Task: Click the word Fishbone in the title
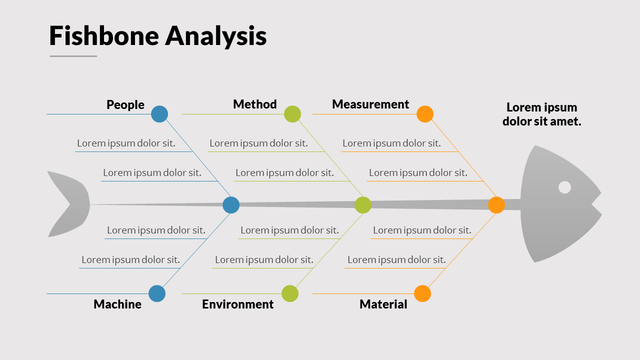click(103, 36)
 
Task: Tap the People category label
click(125, 104)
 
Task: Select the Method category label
click(254, 104)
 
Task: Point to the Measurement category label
click(370, 104)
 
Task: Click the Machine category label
click(117, 304)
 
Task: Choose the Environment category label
click(237, 304)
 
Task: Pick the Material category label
click(383, 304)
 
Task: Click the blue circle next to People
click(159, 114)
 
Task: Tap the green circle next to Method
click(292, 114)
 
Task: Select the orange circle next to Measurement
click(425, 114)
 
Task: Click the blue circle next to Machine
click(157, 293)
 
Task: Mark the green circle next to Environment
click(290, 293)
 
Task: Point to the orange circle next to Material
click(422, 293)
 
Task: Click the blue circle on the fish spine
click(231, 205)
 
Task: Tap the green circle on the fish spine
click(363, 205)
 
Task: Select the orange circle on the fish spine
click(496, 205)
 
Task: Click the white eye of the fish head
click(564, 187)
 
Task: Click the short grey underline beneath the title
click(73, 56)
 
